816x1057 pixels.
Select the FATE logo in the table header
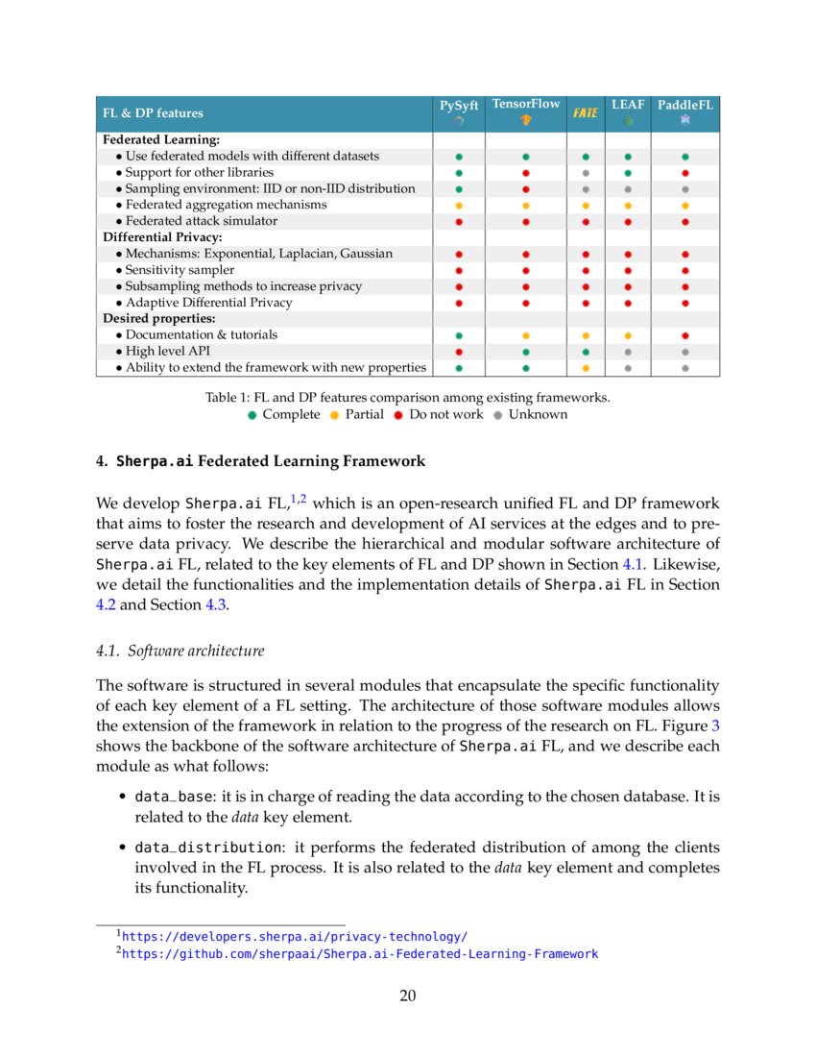(586, 113)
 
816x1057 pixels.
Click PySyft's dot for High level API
(459, 352)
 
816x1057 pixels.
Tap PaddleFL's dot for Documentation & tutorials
(685, 335)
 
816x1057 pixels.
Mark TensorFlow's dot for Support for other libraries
(526, 173)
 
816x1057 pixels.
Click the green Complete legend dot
(252, 415)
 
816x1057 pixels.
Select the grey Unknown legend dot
(498, 415)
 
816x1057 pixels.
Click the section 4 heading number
(101, 461)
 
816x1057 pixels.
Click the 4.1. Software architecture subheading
(180, 651)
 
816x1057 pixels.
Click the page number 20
(407, 996)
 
